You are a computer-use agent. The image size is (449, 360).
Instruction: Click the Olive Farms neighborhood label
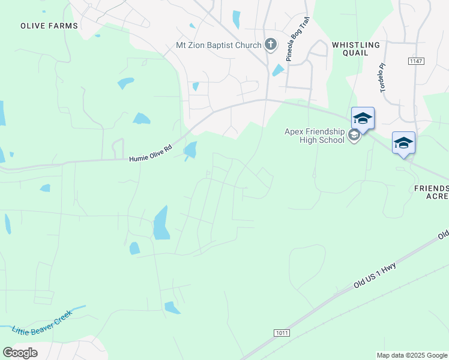pos(49,26)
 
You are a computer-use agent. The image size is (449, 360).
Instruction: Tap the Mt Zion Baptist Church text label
pos(218,45)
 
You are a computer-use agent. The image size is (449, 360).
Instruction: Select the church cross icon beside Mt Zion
pos(271,44)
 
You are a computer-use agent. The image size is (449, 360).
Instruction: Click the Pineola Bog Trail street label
pos(297,43)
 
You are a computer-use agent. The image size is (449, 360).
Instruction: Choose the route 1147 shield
pos(415,61)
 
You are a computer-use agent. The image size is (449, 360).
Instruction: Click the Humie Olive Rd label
pos(150,156)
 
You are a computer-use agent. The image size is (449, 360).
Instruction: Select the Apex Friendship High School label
pos(315,136)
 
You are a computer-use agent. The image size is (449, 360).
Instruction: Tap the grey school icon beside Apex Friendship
pos(354,136)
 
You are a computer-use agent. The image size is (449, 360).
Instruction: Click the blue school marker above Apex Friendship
pos(363,118)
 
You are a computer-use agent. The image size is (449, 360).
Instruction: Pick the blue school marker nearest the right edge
pos(403,143)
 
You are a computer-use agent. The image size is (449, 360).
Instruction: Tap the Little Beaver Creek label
pos(42,322)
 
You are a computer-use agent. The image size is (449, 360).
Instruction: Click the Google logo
pos(20,353)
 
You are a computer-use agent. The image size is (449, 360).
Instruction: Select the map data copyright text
pos(411,355)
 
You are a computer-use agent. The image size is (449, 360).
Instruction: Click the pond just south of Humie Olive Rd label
pos(190,149)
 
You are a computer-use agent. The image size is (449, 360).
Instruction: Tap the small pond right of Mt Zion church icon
pos(278,70)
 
